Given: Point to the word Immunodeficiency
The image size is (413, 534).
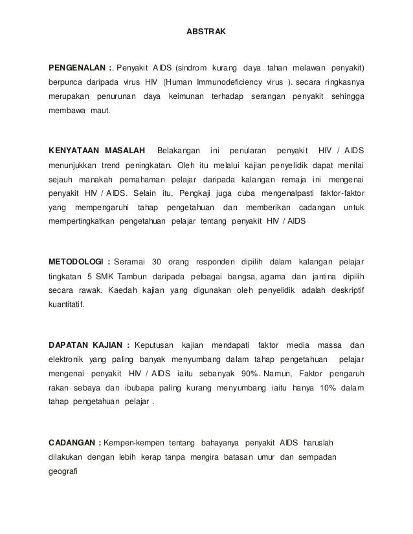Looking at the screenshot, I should tap(222, 82).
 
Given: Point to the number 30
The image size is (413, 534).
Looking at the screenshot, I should tap(157, 261).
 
